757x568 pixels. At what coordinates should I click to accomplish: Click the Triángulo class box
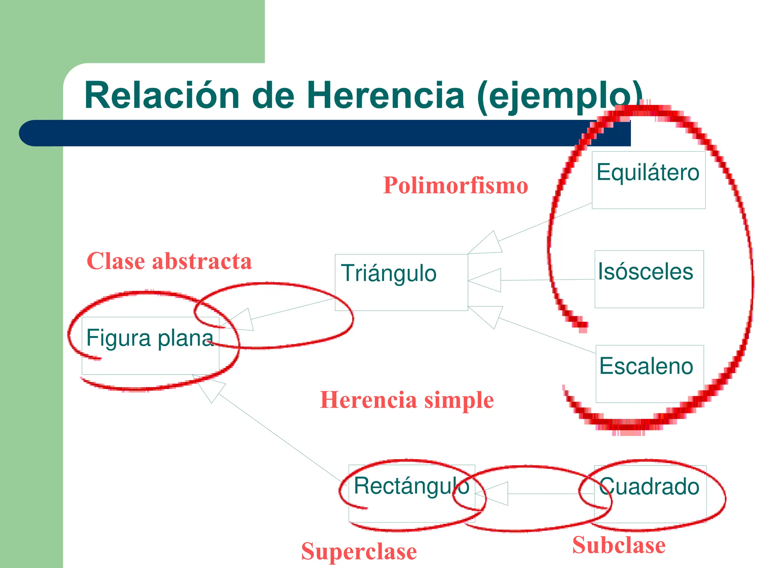[401, 282]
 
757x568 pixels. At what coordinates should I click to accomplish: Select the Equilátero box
[648, 180]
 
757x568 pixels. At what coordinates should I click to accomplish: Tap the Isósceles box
[649, 279]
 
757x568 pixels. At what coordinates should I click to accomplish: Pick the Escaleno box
[649, 373]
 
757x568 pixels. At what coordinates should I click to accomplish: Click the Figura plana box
[150, 345]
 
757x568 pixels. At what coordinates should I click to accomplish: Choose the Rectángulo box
[411, 493]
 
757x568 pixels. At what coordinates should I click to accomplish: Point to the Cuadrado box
[650, 494]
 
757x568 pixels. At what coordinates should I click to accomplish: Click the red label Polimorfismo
[455, 185]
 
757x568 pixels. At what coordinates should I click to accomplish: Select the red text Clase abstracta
[169, 261]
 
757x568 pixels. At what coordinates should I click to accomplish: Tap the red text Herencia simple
[407, 400]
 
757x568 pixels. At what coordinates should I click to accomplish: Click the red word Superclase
[359, 551]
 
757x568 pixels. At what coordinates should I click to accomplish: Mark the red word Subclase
[619, 545]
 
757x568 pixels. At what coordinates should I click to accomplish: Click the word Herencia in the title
[385, 95]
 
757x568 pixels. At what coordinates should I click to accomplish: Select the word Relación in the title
[162, 95]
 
